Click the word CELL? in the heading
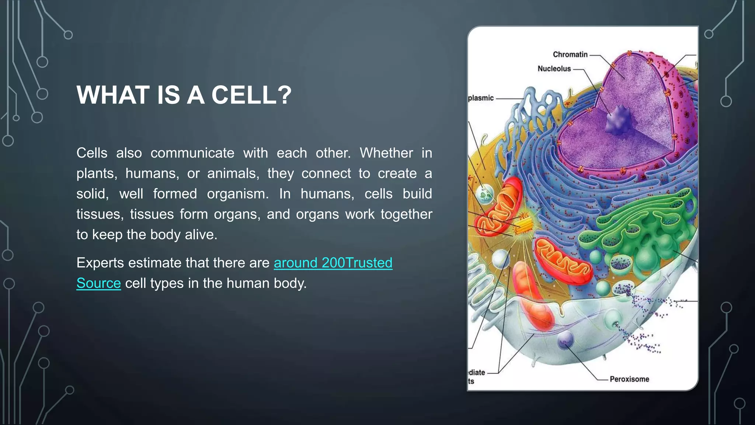pos(251,95)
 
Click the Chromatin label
pos(570,55)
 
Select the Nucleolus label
pos(554,69)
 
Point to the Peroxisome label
pos(629,379)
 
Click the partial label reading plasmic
pos(481,98)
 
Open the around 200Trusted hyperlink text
pos(333,263)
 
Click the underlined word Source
pos(98,283)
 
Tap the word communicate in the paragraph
pos(192,153)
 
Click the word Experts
pos(100,263)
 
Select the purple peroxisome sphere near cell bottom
pos(565,339)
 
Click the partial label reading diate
pos(477,373)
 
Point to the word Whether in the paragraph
pos(386,153)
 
